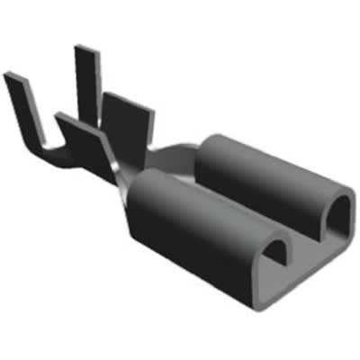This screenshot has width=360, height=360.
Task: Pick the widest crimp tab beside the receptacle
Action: (126, 126)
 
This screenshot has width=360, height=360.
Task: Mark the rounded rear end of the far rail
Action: (211, 144)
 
